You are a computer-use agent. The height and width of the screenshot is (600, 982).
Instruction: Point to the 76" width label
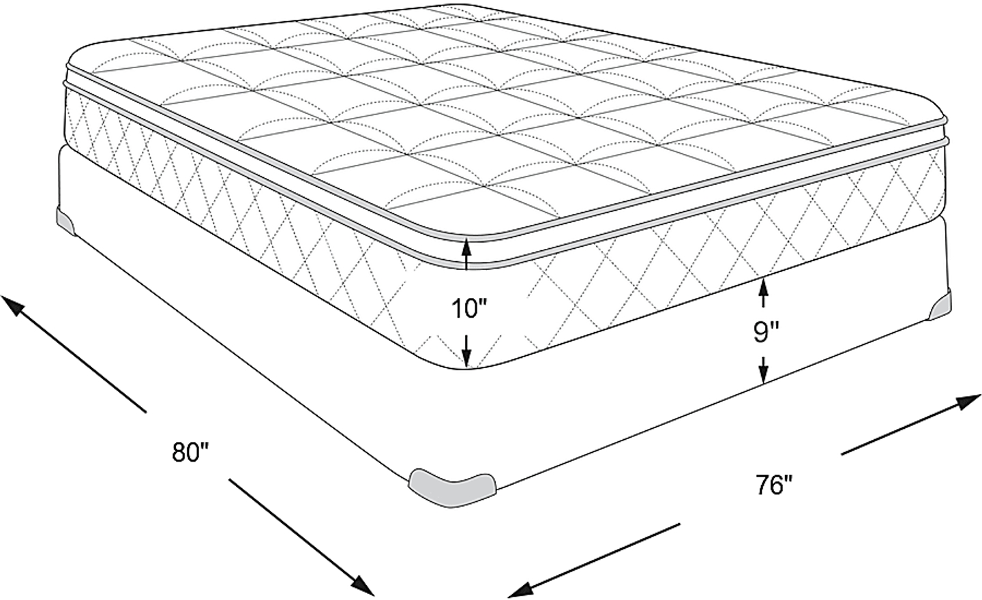pos(775,485)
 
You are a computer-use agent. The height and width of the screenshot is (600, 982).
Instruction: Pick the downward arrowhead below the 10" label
pos(467,358)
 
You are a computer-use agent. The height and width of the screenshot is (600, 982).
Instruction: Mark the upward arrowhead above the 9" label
pos(764,287)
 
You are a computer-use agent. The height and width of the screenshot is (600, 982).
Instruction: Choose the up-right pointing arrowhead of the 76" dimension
pos(967,402)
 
